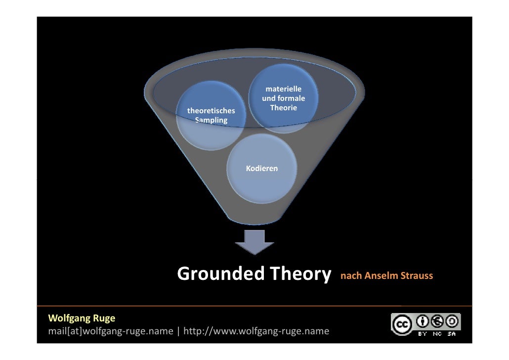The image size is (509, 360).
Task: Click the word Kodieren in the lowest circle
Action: pyautogui.click(x=262, y=169)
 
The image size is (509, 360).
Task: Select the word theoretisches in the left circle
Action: pyautogui.click(x=211, y=111)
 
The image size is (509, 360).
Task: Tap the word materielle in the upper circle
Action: pyautogui.click(x=283, y=89)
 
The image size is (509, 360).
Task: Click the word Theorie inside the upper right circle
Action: pyautogui.click(x=283, y=108)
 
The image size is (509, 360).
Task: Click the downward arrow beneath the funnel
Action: pyautogui.click(x=254, y=241)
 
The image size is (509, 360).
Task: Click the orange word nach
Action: pyautogui.click(x=351, y=276)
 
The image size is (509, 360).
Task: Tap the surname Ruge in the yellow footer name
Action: pyautogui.click(x=104, y=318)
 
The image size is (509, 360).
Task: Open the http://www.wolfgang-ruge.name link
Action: pyautogui.click(x=256, y=331)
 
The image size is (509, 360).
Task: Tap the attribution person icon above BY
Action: pyautogui.click(x=423, y=321)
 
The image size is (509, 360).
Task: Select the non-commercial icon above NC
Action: pyautogui.click(x=438, y=321)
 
